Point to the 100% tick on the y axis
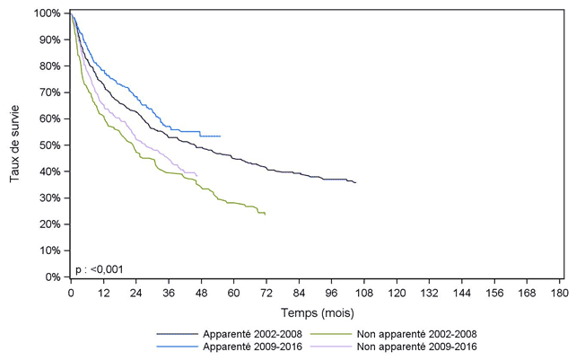(x=49, y=13)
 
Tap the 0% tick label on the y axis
(x=54, y=277)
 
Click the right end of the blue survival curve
(x=220, y=136)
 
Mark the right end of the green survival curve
(x=265, y=214)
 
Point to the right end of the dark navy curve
(x=355, y=182)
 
